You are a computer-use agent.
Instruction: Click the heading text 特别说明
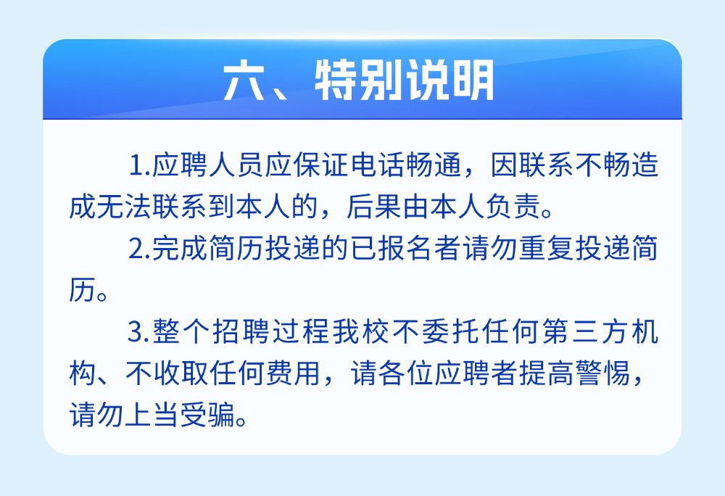point(405,81)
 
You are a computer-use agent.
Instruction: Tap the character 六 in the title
point(244,81)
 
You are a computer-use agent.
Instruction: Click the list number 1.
point(137,165)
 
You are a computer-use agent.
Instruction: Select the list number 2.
point(137,249)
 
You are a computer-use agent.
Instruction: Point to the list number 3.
point(137,332)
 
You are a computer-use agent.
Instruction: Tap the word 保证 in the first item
point(320,165)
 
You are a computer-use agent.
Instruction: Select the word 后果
point(374,207)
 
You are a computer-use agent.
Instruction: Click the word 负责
point(513,207)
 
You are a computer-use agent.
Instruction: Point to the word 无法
point(125,207)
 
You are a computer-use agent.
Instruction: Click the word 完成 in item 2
point(180,248)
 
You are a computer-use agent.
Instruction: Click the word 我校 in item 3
point(361,331)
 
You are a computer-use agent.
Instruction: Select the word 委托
point(451,331)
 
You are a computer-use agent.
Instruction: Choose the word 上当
point(152,415)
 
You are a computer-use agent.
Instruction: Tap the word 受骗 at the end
point(207,415)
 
